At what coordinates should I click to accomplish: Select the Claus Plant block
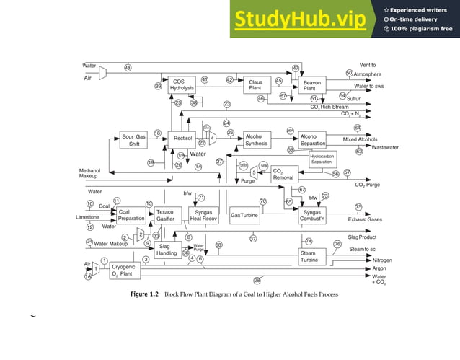point(255,85)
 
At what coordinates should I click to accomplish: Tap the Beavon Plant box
point(313,85)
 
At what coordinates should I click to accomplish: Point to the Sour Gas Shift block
point(134,139)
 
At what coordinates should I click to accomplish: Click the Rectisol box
point(182,138)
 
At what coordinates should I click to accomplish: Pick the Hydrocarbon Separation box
point(321,159)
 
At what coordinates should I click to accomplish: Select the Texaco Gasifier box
point(166,216)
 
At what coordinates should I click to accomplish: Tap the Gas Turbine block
point(244,215)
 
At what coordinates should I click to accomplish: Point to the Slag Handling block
point(167,250)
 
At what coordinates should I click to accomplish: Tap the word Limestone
point(88,216)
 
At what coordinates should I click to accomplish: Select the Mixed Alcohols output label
point(360,139)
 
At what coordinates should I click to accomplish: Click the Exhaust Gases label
point(365,218)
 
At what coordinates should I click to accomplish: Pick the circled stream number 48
point(128,68)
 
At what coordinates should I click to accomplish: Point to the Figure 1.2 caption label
point(144,294)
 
